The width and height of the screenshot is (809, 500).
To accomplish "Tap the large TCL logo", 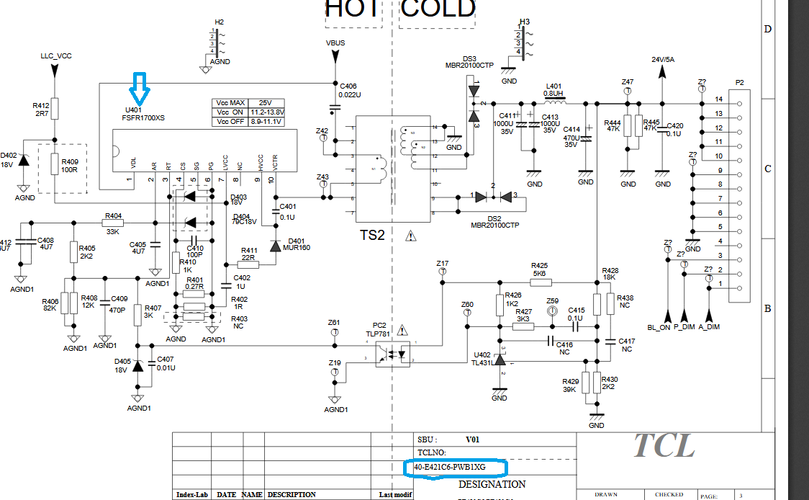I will pos(663,446).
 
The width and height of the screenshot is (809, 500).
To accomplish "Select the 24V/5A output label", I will pos(663,59).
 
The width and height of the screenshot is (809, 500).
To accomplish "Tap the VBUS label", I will pos(335,43).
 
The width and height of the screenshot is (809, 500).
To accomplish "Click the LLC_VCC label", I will pos(55,55).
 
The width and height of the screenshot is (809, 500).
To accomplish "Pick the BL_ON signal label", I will pos(659,327).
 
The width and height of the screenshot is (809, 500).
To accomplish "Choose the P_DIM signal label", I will pos(684,327).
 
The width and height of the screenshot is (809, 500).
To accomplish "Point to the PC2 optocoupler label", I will pos(379,325).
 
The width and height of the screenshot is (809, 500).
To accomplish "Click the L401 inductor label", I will pos(553,86).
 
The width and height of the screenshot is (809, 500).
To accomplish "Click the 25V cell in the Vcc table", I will pos(266,103).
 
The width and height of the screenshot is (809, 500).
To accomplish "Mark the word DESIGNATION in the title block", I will pos(492,484).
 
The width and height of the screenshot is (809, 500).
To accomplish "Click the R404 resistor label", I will pos(113,215).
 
